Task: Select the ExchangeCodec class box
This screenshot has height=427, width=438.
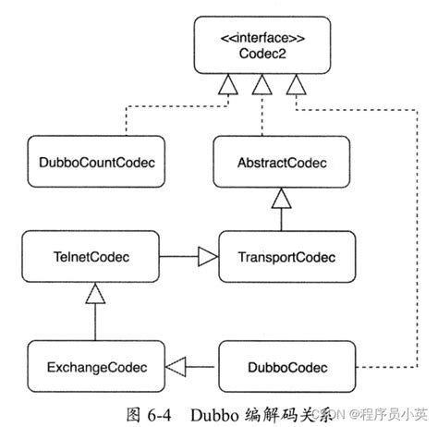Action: [91, 367]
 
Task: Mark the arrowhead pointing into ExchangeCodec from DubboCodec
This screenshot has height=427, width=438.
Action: [175, 367]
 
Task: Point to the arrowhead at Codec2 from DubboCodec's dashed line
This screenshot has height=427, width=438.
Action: [296, 90]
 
